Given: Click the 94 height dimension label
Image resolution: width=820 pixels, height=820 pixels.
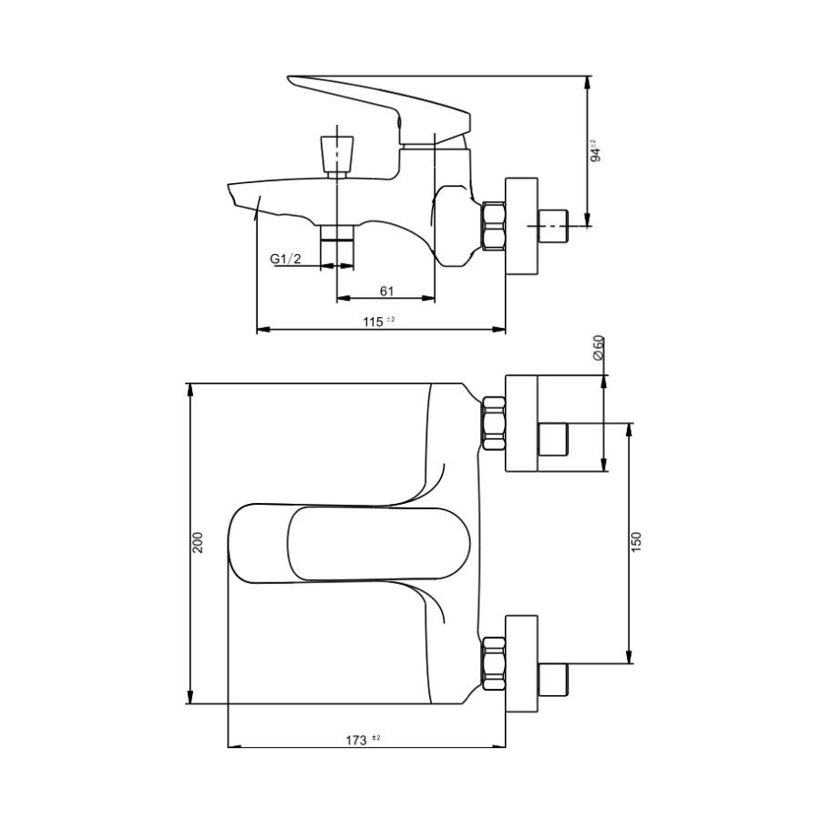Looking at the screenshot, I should [595, 150].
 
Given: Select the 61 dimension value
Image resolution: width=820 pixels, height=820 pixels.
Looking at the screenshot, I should [385, 291].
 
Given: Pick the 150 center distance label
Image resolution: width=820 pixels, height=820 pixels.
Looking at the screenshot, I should [637, 542].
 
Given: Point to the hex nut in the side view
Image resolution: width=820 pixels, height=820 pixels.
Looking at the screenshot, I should [495, 226].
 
